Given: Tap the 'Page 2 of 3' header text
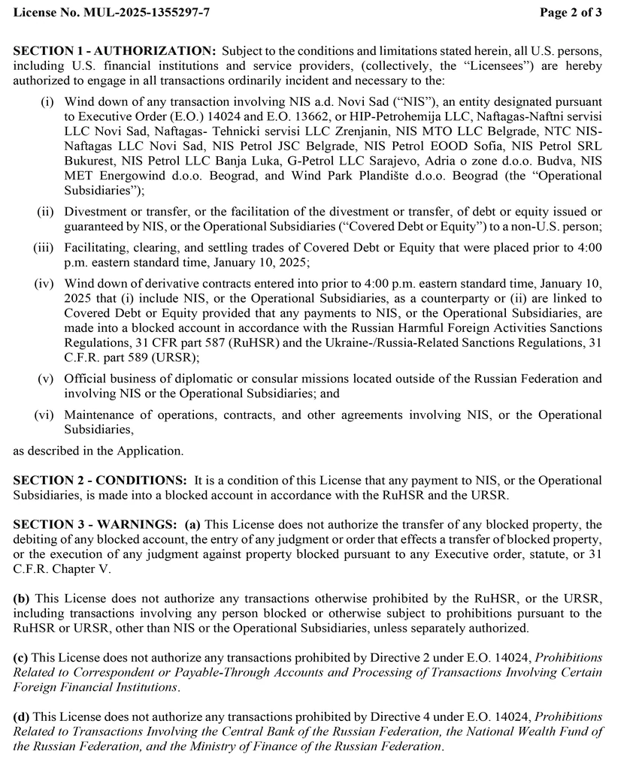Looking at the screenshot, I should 571,13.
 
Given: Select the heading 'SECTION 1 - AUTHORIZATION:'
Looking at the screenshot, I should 115,50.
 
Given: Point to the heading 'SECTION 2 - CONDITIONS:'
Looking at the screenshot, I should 100,481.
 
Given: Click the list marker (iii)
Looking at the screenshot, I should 44,248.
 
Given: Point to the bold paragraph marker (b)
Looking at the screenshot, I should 21,599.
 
